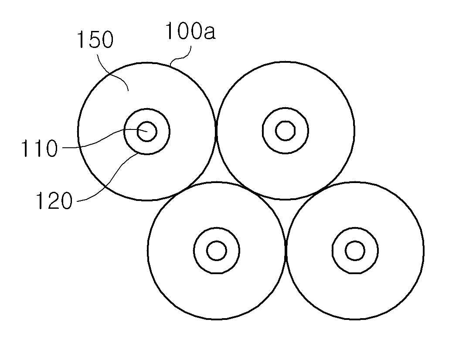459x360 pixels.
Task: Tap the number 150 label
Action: point(95,40)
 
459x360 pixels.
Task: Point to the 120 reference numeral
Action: point(54,200)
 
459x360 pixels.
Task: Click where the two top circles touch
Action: point(216,131)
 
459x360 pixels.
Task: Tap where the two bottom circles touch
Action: point(286,251)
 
